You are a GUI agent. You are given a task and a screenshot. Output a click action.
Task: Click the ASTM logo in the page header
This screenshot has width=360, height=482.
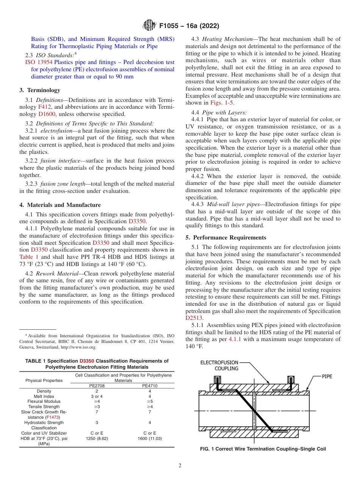[x=149, y=26]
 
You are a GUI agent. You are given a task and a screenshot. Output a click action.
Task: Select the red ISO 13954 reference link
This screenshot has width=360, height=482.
[x=39, y=63]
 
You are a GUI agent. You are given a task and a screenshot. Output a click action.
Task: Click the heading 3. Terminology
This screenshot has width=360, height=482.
[x=40, y=90]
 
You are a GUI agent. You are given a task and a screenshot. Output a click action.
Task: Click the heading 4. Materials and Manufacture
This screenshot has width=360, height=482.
[x=60, y=205]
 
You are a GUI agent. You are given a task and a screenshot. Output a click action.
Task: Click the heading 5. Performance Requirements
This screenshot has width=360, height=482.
[x=230, y=238]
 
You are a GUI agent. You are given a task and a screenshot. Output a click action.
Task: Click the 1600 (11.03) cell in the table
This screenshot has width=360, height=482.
[x=149, y=438]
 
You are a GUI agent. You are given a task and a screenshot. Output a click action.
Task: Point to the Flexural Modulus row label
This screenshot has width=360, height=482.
[x=44, y=401]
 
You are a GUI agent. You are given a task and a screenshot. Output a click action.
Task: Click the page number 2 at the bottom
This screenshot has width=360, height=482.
[x=180, y=466]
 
